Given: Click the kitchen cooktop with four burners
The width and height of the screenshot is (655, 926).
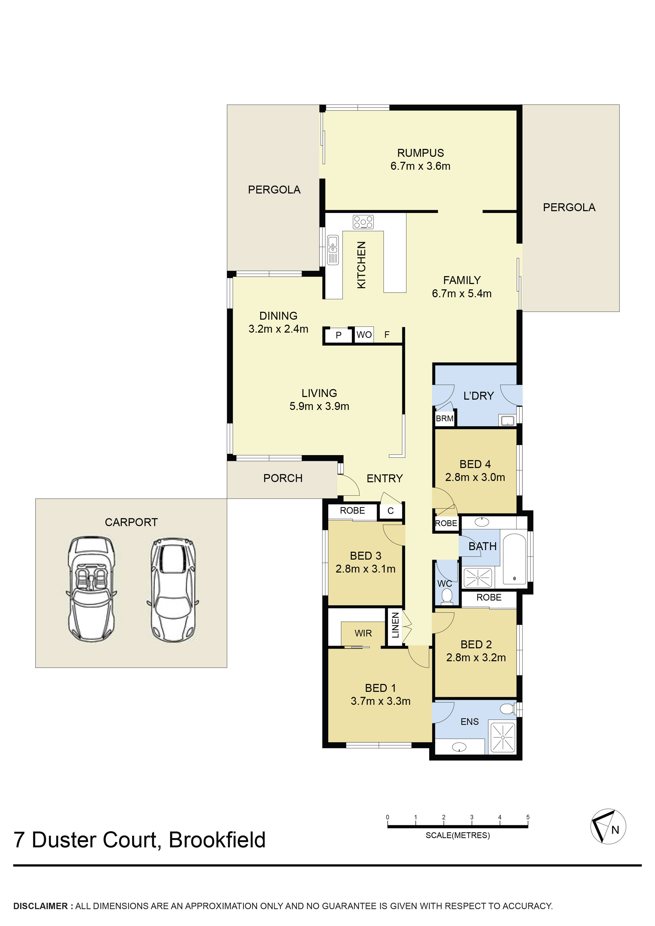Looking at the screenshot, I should (x=363, y=222).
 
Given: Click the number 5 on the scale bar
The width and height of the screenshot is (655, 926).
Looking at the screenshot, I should (x=528, y=817).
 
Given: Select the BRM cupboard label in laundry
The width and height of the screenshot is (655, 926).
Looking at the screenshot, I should (x=444, y=419).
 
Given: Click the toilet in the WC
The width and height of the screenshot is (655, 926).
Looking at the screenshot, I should (x=446, y=596).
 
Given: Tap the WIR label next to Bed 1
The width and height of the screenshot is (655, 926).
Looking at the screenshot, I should (x=363, y=633).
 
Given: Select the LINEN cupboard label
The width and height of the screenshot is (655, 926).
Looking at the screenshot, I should (x=395, y=625).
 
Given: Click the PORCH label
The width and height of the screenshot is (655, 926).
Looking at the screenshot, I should (x=283, y=478).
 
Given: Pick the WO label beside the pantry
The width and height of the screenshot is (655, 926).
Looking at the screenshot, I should (x=364, y=335).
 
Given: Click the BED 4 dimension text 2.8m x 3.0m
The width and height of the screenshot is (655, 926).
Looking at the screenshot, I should (x=475, y=478).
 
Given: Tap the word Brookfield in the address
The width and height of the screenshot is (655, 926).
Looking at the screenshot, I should (x=217, y=840).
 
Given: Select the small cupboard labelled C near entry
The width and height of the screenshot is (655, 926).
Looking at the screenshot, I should (x=390, y=511).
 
